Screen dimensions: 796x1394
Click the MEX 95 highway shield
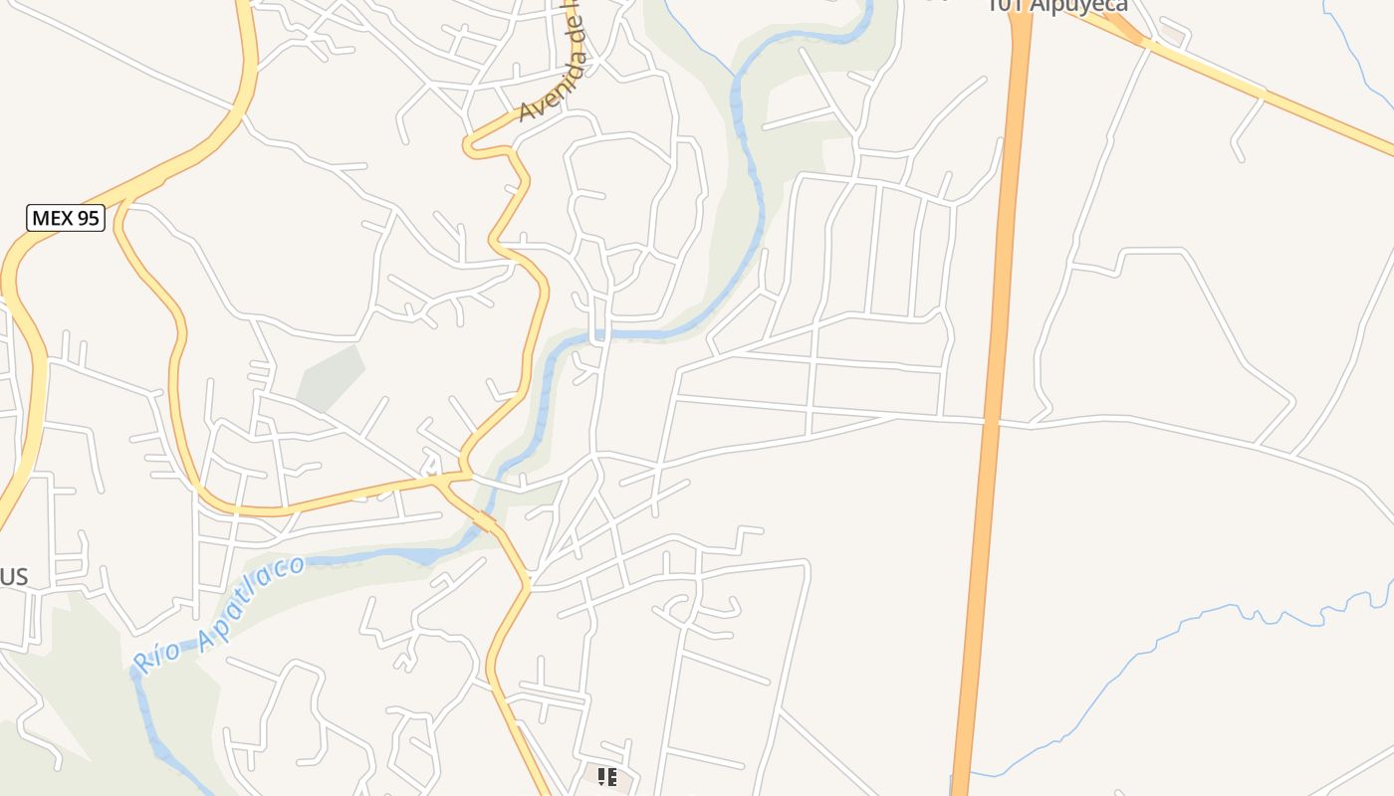pyautogui.click(x=66, y=218)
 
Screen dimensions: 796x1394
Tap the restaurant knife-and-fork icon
pyautogui.click(x=606, y=776)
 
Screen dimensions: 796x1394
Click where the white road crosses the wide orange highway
pyautogui.click(x=990, y=422)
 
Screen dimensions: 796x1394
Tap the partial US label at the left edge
pyautogui.click(x=14, y=577)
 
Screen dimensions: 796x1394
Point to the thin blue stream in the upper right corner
pyautogui.click(x=1360, y=60)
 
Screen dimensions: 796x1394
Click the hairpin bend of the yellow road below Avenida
pyautogui.click(x=470, y=148)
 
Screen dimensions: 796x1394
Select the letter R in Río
pyautogui.click(x=143, y=660)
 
